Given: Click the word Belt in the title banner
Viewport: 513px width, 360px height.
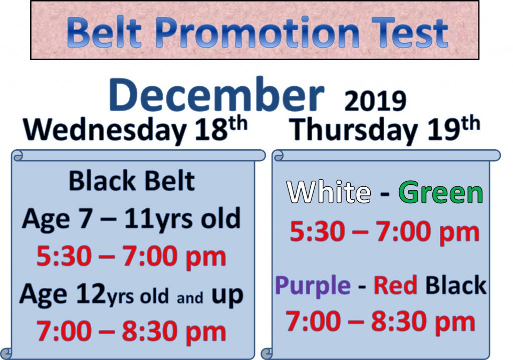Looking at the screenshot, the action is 104,33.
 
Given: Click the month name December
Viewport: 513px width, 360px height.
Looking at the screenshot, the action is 216,95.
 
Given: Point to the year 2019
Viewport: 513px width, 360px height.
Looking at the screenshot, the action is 375,101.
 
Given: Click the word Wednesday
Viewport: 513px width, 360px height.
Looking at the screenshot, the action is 105,130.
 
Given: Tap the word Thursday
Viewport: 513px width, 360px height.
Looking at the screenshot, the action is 354,130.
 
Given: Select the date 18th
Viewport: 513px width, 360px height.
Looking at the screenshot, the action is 221,128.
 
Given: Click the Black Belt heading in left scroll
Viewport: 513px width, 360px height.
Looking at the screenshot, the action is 132,181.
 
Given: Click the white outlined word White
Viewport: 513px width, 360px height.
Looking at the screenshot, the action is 329,192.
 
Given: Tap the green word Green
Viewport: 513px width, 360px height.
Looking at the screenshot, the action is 441,192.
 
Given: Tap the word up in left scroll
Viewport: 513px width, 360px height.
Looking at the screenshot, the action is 227,296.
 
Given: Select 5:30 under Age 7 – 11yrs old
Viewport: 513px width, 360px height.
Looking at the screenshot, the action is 64,257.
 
